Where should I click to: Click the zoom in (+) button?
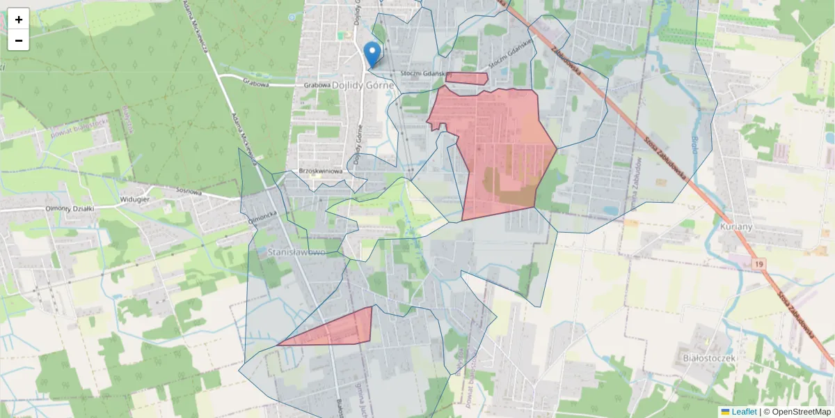[19, 20]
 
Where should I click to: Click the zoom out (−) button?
[19, 40]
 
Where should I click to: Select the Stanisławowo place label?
[296, 251]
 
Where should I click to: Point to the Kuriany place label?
[737, 228]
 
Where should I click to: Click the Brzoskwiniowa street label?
[321, 171]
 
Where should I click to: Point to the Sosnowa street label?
[188, 191]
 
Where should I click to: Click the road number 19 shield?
[758, 263]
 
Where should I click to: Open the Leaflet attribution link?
[744, 412]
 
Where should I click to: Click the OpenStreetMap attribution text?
[801, 412]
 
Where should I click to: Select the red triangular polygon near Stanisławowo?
[341, 330]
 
